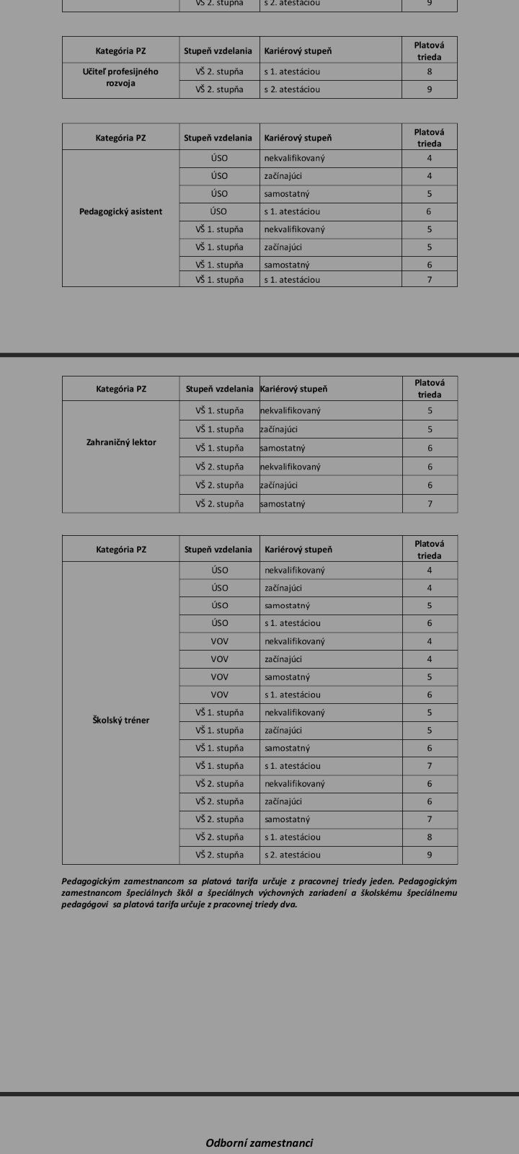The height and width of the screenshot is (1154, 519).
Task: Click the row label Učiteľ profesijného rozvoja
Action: pos(120,77)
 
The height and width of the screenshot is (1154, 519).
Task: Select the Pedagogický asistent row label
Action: pos(120,211)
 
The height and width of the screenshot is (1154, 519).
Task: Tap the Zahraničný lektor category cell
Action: pos(120,442)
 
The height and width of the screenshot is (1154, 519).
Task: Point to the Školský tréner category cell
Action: pos(120,720)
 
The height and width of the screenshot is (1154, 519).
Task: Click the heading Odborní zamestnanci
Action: pos(259,1142)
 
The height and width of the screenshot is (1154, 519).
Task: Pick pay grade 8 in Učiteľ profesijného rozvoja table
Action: pos(430,71)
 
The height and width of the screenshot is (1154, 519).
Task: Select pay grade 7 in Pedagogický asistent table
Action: pos(430,279)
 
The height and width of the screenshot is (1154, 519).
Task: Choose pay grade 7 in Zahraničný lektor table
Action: pos(430,503)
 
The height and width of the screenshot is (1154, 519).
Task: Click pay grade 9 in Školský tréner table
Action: pos(430,855)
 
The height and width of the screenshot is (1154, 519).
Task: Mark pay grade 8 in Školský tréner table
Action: pos(430,837)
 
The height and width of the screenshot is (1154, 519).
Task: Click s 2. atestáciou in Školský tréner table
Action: pos(293,855)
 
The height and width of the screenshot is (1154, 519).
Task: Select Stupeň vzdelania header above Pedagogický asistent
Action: pos(218,138)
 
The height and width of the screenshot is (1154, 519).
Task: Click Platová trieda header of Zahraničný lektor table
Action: pos(430,389)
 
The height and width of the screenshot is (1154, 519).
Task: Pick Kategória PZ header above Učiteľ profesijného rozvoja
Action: pos(120,51)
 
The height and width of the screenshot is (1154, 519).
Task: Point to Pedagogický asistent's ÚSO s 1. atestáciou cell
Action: pos(292,211)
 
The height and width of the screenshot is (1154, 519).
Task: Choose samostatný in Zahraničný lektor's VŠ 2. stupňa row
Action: pos(283,503)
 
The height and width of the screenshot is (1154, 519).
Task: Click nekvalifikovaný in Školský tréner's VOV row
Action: pos(295,641)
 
